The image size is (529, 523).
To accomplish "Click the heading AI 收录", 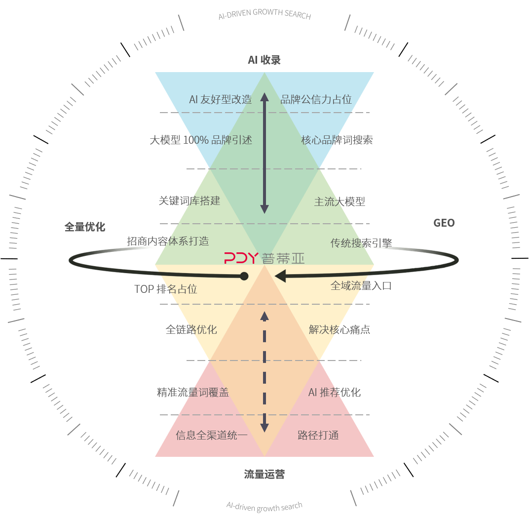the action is (x=264, y=60).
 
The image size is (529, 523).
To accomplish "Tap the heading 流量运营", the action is (x=264, y=475).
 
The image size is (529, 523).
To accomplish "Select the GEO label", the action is (x=444, y=223).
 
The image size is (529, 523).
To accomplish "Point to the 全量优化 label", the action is (x=85, y=227).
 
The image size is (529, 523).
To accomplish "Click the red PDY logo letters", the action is (x=241, y=258).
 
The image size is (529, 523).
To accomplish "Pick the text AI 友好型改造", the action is (x=220, y=99).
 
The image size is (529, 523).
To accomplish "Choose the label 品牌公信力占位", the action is (x=316, y=99).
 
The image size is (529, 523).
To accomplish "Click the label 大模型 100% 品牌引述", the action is (x=201, y=140).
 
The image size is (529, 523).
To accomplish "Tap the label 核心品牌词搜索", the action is (x=337, y=140).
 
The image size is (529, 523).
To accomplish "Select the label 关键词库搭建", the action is (x=189, y=201).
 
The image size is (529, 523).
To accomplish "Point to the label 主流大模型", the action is (x=340, y=201).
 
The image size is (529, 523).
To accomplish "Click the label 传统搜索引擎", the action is (x=361, y=243).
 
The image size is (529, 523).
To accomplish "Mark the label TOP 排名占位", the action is (x=166, y=289).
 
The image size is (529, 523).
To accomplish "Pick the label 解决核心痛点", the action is (x=340, y=329).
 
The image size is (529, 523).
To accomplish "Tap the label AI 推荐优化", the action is (x=335, y=392).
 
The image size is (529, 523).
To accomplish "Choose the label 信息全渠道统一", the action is (x=212, y=435).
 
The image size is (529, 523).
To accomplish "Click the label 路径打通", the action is (x=318, y=435).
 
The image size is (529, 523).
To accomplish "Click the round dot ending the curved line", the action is (x=244, y=276).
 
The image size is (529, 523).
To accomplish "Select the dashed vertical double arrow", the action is (x=264, y=372).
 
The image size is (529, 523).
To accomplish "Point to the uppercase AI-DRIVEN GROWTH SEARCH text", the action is (x=264, y=14).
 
